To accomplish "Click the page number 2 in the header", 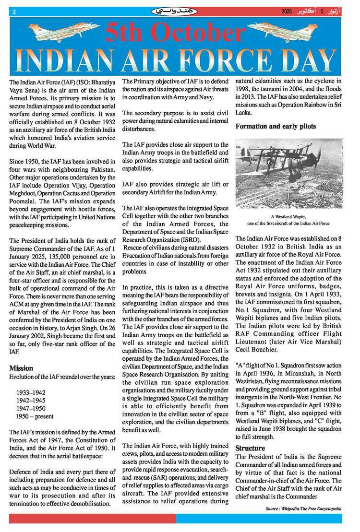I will coord(14,11).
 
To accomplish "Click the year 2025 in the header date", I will coord(287,11).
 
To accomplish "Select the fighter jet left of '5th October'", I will coord(53,31).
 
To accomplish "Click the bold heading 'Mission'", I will coord(21,368).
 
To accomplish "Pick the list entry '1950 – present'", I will coord(35,416).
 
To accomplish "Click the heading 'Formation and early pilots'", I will coord(275,127).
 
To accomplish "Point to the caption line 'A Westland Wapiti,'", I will coord(288,217).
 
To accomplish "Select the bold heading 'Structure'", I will coord(250,448).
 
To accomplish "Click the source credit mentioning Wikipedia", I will coord(303,508).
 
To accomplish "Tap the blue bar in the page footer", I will coord(259,519).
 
